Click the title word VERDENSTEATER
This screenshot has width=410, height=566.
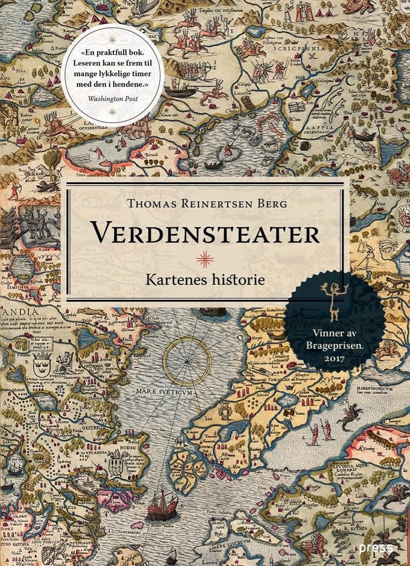tap(205, 232)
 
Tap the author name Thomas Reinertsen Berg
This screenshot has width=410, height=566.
tap(205, 203)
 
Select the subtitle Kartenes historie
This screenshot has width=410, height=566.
tap(205, 279)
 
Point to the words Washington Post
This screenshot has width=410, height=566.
tap(112, 98)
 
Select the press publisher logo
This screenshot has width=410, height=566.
tap(376, 548)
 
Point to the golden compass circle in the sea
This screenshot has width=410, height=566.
tap(187, 360)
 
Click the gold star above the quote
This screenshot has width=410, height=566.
tap(112, 35)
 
